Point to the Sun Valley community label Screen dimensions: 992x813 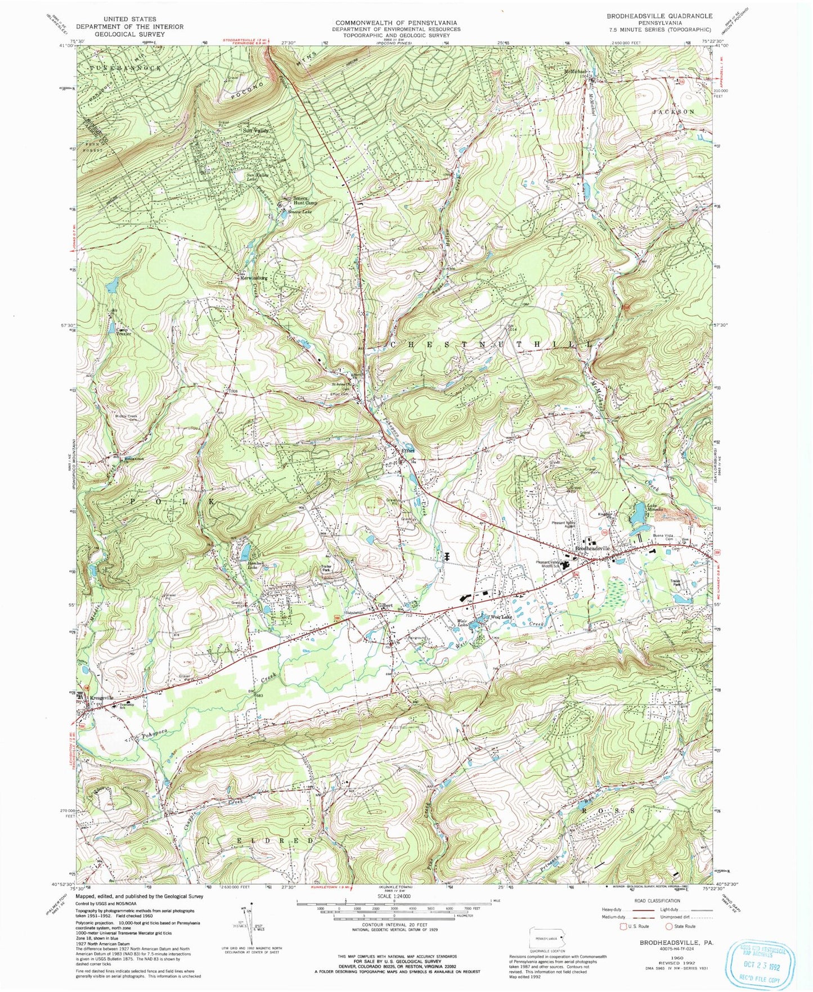(256, 130)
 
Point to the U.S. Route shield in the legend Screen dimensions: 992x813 (623, 926)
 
